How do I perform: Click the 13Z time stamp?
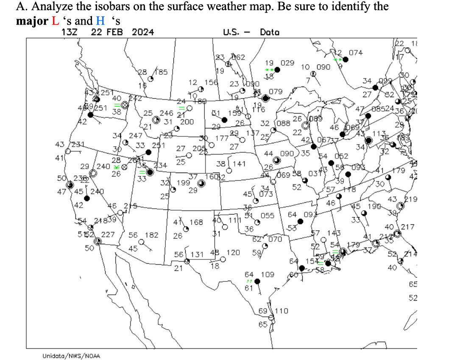[x=69, y=32]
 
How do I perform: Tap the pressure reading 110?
[x=282, y=311]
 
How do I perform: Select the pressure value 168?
[x=196, y=222]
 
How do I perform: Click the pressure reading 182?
[x=152, y=234]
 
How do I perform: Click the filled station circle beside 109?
[x=257, y=281]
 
